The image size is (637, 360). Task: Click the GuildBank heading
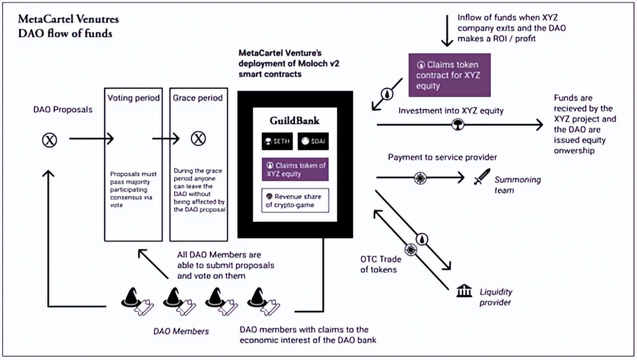295,121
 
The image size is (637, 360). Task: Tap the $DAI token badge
313,141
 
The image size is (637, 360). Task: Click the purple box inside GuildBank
295,169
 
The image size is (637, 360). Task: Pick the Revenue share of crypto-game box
295,200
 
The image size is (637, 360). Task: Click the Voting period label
133,98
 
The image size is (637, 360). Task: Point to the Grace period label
197,98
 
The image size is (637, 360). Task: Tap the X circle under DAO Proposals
50,140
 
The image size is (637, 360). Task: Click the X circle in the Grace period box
198,139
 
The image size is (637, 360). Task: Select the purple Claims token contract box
449,75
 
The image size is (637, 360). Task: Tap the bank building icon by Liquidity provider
464,290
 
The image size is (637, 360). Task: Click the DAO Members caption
181,331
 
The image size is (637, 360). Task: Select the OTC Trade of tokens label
381,264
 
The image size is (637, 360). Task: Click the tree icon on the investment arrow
457,125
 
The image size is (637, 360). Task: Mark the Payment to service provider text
442,157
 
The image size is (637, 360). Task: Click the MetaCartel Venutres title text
68,20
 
